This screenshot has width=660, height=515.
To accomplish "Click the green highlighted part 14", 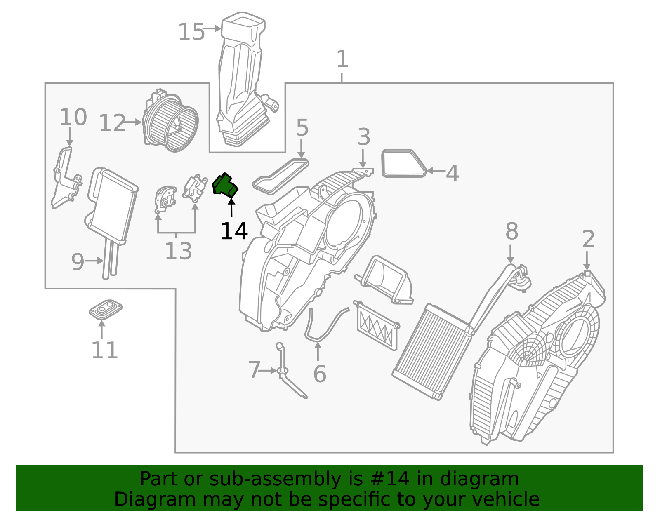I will [x=225, y=185].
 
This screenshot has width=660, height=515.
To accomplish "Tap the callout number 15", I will [x=191, y=32].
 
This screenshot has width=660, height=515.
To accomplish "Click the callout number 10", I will [x=73, y=118].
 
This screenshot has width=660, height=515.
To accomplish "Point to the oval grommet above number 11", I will [x=106, y=309].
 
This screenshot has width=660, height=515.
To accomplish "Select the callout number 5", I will [x=302, y=128].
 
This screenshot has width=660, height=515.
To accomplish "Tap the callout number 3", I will [x=363, y=137].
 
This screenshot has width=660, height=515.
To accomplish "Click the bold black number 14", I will [x=234, y=231].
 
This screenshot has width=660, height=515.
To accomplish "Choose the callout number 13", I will [x=178, y=251].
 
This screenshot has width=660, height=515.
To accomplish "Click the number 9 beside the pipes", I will [x=78, y=262].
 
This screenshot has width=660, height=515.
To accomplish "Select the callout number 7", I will [x=254, y=370].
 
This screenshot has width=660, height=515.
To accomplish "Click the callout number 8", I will [x=511, y=231].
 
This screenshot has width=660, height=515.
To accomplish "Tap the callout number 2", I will [x=588, y=239].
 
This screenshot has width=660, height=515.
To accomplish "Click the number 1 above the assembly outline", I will [x=342, y=59].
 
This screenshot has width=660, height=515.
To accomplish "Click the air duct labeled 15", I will [x=241, y=82].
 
